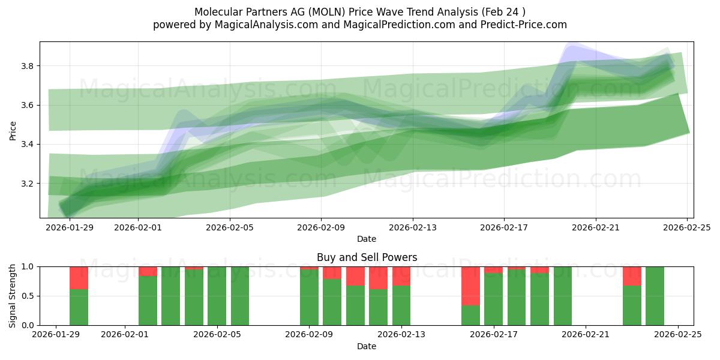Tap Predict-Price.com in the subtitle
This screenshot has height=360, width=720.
(519, 25)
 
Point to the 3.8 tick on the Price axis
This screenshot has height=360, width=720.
(27, 66)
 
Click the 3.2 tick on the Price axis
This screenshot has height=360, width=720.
(27, 184)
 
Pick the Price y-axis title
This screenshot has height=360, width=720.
(13, 130)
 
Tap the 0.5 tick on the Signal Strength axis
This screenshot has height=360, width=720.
(27, 296)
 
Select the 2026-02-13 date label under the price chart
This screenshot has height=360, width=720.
(412, 227)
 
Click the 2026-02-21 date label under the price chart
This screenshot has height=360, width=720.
(595, 227)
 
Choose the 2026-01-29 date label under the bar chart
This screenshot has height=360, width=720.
(56, 335)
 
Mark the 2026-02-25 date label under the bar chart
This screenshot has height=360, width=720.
(678, 335)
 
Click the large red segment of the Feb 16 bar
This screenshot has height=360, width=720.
(470, 286)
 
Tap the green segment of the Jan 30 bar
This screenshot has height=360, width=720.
(79, 307)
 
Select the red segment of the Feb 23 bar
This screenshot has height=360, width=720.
(632, 276)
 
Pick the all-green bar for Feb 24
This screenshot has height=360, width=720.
(655, 296)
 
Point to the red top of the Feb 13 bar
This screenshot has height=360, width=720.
(401, 276)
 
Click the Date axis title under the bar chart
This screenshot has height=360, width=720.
(367, 346)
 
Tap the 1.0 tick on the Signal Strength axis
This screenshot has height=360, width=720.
(27, 266)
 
